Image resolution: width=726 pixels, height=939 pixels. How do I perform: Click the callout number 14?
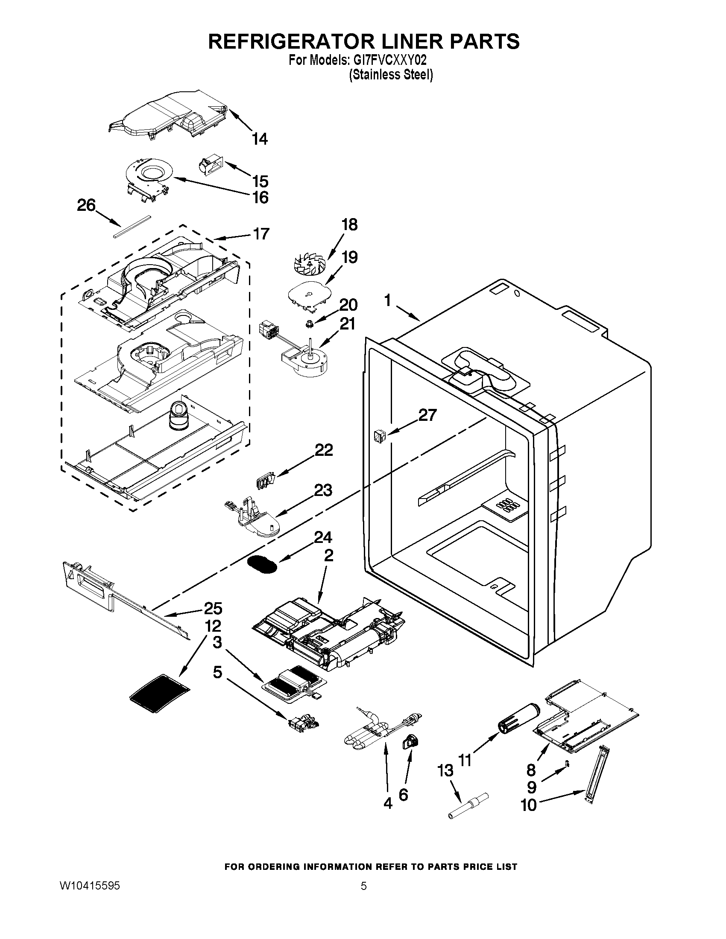click(260, 139)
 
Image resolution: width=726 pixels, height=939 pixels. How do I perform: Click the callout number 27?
click(427, 415)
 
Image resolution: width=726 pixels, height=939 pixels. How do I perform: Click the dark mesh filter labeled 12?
click(161, 691)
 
